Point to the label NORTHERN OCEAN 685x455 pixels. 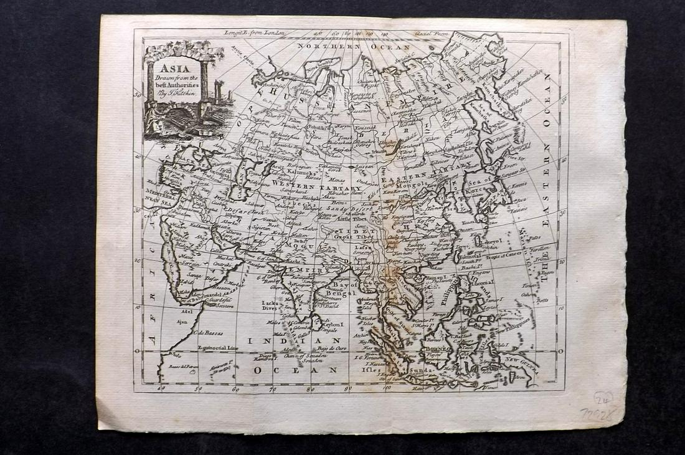[x=353, y=47]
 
